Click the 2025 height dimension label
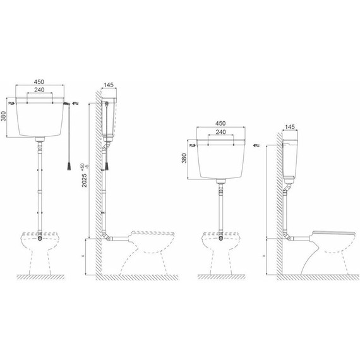(85, 180)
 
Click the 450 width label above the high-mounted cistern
(39, 82)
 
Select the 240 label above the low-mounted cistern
(220, 132)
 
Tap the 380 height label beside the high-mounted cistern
(4, 116)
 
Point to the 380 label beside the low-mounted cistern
(184, 158)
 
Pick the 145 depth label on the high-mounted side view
(109, 85)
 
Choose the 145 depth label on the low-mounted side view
(290, 127)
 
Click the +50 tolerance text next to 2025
(83, 166)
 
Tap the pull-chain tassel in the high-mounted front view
(69, 166)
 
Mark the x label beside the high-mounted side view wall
(83, 256)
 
